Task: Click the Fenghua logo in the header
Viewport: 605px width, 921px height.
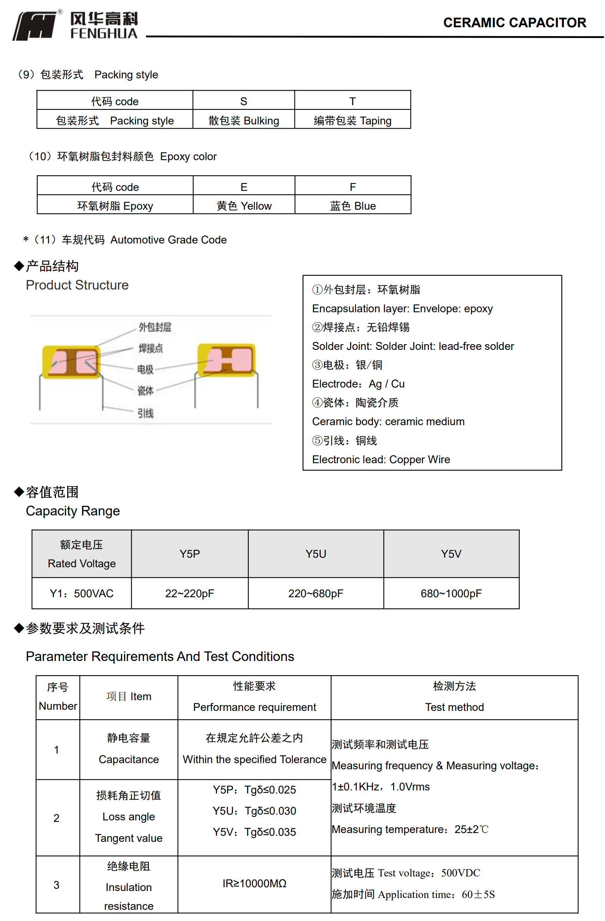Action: [75, 25]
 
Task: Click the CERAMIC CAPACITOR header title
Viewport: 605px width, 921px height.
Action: [514, 22]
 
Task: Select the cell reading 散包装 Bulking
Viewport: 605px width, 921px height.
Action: [243, 121]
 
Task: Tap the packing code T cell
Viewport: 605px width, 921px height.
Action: [352, 101]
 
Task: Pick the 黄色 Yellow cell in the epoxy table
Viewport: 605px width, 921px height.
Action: [244, 206]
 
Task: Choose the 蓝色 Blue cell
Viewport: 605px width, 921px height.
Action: [352, 206]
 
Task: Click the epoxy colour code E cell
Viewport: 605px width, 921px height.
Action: [244, 187]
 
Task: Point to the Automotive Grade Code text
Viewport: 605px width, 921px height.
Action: [168, 240]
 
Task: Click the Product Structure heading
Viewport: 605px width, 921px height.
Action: [77, 285]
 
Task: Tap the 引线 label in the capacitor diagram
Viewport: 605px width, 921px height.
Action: [145, 414]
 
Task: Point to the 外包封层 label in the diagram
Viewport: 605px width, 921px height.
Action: [155, 327]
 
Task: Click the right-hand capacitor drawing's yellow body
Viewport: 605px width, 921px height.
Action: [226, 360]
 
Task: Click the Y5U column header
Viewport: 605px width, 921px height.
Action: [315, 554]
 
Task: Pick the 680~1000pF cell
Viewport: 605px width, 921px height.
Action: [451, 594]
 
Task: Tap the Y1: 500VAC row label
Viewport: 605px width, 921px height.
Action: [82, 594]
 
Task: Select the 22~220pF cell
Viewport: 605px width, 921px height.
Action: [190, 594]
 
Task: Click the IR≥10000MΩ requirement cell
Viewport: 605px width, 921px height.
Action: [254, 883]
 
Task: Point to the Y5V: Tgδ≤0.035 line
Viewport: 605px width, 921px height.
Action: [254, 832]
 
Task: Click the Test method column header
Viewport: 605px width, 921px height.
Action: [454, 707]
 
